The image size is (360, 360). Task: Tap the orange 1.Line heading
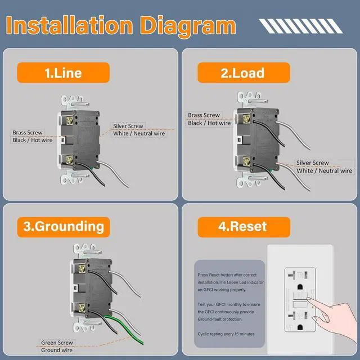63,73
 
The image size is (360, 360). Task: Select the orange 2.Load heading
242,73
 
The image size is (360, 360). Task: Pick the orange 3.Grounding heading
64,227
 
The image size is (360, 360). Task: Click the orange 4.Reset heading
243,227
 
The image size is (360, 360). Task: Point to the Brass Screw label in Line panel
28,133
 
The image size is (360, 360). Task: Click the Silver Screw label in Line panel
128,126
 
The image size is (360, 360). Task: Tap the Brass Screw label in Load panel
204,115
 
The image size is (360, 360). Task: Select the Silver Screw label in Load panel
313,163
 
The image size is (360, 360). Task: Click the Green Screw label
57,342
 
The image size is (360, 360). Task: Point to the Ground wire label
56,350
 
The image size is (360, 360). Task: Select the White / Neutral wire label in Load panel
325,170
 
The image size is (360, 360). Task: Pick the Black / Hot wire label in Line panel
33,140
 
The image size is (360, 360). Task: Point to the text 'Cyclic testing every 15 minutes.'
227,334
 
